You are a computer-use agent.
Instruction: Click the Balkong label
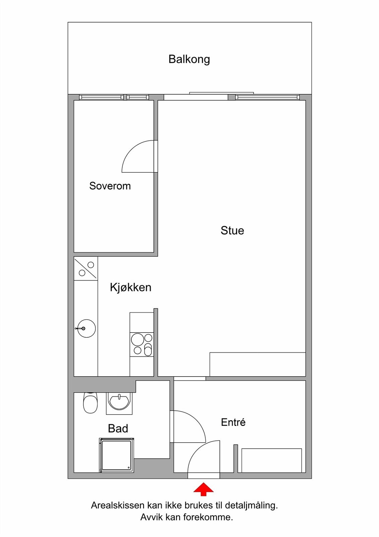[189, 59]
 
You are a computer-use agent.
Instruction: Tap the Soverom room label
[110, 186]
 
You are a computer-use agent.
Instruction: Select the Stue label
[232, 231]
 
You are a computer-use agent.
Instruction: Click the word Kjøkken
[130, 287]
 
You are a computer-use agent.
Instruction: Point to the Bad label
[118, 429]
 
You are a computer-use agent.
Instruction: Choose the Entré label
[233, 422]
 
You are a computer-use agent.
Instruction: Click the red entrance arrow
[203, 489]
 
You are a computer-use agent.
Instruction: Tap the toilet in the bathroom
[90, 403]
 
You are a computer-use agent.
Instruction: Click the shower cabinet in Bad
[116, 455]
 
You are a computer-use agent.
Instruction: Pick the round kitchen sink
[86, 328]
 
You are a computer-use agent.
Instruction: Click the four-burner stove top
[142, 344]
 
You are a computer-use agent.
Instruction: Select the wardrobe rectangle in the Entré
[271, 460]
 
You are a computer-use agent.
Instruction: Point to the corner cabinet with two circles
[86, 268]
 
